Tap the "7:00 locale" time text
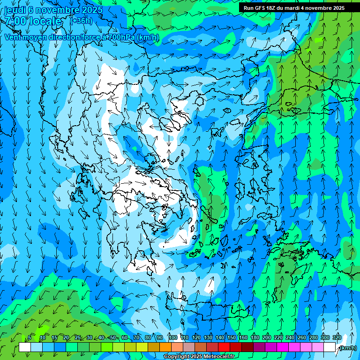tap(33, 21)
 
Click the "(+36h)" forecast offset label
tap(81, 21)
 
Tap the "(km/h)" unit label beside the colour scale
tap(348, 348)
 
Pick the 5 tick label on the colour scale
tap(30, 337)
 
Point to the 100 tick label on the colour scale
tap(172, 337)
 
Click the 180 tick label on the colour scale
tap(255, 337)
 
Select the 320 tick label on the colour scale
tap(337, 337)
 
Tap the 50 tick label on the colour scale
tap(113, 337)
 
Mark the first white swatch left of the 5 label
tap(25, 347)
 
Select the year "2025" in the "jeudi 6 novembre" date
tap(92, 10)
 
